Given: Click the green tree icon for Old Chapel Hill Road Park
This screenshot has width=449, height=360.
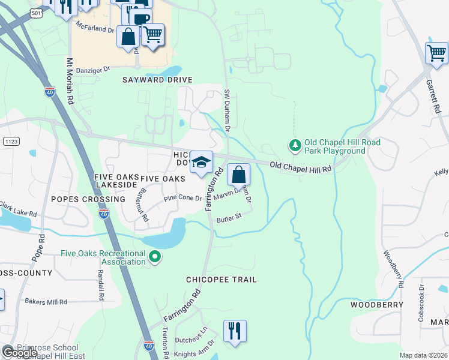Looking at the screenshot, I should pos(295,146).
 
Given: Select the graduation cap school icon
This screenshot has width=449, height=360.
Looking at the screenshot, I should pos(202,162).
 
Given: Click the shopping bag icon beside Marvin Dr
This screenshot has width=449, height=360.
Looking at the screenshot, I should pos(238,175).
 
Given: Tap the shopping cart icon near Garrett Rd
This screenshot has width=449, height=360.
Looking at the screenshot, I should pos(436,53).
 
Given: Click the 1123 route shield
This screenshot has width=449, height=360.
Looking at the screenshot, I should pos(10,140).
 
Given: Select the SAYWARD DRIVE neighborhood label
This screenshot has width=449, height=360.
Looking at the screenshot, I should pos(157,80).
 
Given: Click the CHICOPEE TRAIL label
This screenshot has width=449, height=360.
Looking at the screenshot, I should pos(221,280).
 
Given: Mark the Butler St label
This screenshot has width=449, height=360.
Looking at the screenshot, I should pos(229,217).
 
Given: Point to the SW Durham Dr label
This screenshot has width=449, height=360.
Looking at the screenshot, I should pos(227,111).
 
